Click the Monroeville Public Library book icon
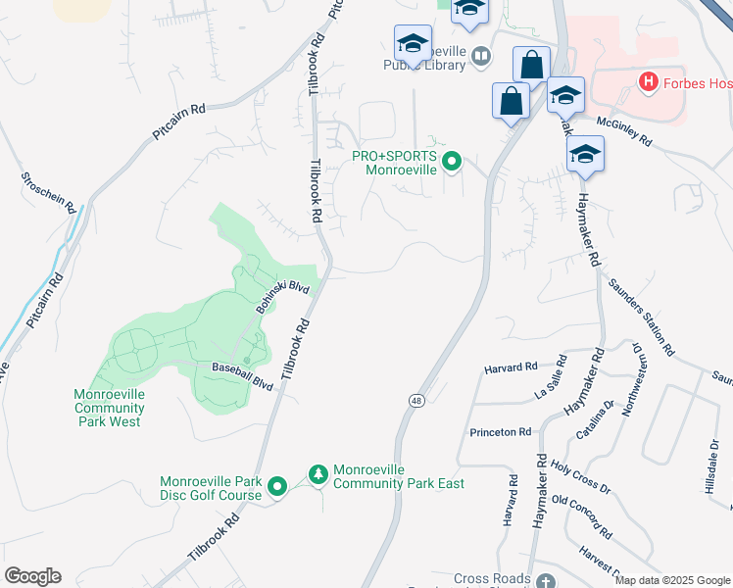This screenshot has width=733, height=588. click(480, 57)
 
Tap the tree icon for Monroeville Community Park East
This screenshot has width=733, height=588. click(318, 475)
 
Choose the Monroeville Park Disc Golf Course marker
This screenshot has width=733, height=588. click(277, 486)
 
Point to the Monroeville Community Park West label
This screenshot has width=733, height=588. click(110, 408)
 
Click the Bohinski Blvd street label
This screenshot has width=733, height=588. click(282, 297)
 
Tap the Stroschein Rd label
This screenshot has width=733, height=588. click(46, 193)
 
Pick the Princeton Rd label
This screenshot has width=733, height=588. click(500, 431)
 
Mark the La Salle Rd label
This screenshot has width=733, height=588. click(551, 378)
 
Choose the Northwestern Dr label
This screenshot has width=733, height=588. click(627, 377)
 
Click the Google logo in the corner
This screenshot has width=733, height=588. click(32, 576)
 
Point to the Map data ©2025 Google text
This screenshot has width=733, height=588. click(673, 580)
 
